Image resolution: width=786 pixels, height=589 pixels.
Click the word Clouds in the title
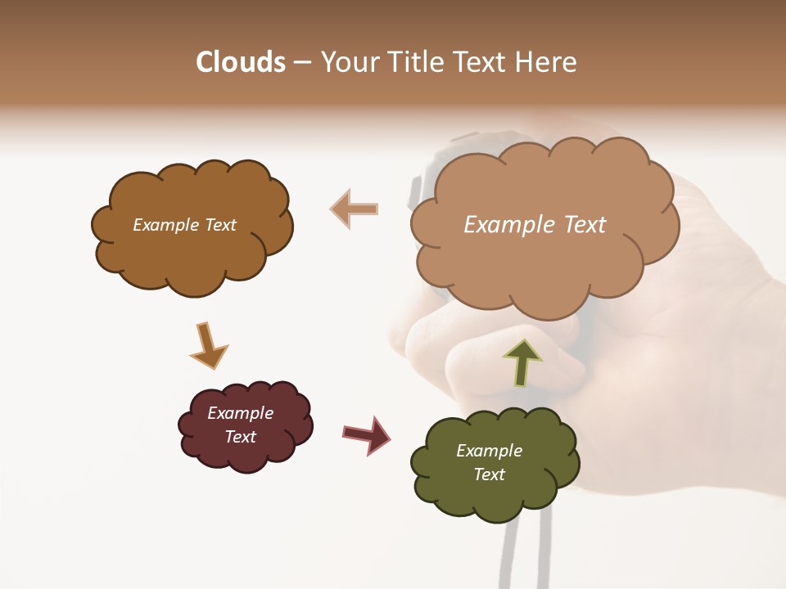click(x=241, y=62)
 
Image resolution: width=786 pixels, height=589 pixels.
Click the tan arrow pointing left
click(x=354, y=209)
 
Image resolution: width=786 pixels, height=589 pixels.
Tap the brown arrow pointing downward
click(x=208, y=347)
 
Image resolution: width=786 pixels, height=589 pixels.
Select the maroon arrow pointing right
click(x=367, y=434)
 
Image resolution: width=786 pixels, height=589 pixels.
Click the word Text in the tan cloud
click(x=585, y=225)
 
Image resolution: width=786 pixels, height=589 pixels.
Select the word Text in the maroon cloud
click(x=241, y=437)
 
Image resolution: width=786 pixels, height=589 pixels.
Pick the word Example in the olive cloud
click(x=489, y=451)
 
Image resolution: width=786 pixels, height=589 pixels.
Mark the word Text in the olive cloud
click(x=489, y=474)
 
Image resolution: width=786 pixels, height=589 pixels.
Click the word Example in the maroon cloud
click(x=241, y=413)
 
